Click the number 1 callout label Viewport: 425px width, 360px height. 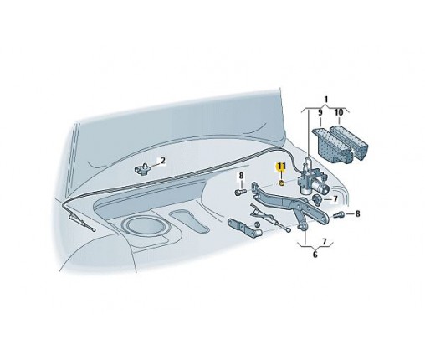coord(326,100)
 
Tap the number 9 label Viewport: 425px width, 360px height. coord(320,112)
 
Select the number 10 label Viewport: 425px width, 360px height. coord(338,112)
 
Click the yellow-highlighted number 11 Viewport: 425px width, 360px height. coord(281,167)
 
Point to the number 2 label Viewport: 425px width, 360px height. coord(163,161)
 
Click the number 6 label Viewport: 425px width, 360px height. coord(315,255)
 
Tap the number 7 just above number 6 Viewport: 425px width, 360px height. coord(324,242)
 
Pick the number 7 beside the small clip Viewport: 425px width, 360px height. coord(335,199)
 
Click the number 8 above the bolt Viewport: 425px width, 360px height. coord(241,176)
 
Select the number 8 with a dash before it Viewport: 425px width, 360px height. coord(357,214)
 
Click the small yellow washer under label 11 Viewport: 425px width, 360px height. coord(282,183)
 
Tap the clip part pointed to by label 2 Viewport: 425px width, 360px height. coord(142,169)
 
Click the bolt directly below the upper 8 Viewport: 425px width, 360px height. coord(240,192)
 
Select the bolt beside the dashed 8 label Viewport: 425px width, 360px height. coord(340,215)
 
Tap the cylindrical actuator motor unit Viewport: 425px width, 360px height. coord(315,182)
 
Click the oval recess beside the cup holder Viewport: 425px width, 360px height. coord(190,221)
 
